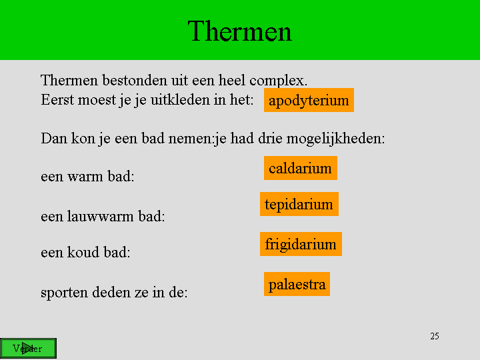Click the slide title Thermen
point(240,31)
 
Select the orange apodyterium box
point(309,100)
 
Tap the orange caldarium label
point(301,168)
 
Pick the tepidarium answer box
point(299,204)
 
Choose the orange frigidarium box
point(301,244)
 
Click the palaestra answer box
point(297,284)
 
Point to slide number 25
point(435,336)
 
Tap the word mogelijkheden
point(335,139)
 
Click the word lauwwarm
point(100,216)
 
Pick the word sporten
point(64,293)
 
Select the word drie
point(270,139)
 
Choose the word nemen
point(190,139)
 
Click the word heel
point(231,80)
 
